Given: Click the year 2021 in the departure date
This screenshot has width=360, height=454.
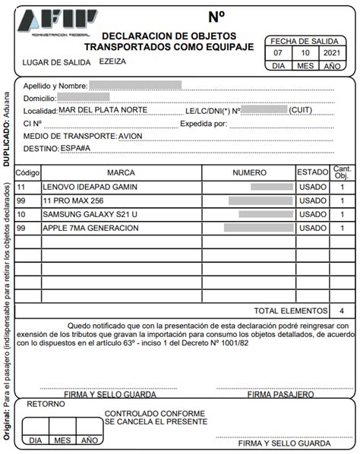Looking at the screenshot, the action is click(331, 53).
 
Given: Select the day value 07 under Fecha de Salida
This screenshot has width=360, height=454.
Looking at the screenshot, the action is click(278, 53).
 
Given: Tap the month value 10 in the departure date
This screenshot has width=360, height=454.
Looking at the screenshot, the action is click(305, 53).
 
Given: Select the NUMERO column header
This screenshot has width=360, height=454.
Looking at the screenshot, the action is click(249, 172).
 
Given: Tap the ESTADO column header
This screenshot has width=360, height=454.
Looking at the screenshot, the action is click(311, 172).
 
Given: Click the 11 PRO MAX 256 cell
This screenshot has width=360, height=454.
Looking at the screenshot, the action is click(74, 200).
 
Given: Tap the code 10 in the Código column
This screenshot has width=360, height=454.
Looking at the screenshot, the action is click(21, 214).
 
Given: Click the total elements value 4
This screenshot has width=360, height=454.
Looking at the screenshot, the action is click(341, 311).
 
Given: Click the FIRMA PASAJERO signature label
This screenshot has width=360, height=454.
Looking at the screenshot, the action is click(280, 395).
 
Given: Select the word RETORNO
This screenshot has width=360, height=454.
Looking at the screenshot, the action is click(46, 405).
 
